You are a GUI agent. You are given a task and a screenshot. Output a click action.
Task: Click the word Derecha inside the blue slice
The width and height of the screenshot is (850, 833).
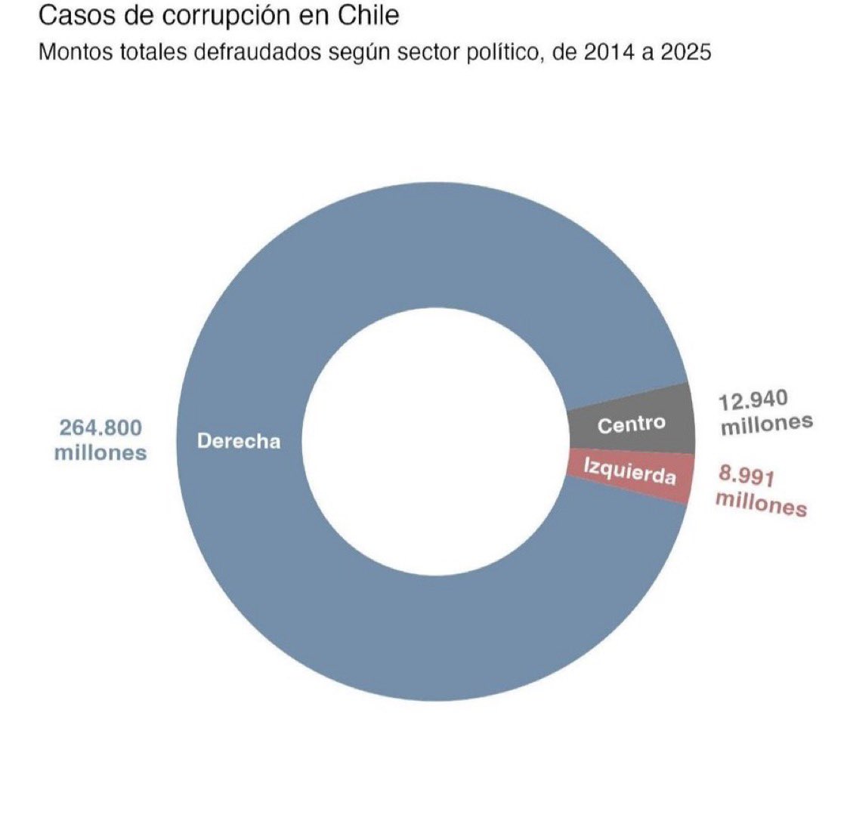[x=239, y=441]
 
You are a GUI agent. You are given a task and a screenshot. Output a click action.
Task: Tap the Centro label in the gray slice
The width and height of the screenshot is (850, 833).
[x=632, y=424]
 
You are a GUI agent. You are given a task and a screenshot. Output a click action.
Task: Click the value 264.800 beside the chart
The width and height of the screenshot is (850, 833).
[x=100, y=427]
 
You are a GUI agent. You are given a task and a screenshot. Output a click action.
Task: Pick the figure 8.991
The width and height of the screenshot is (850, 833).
[x=746, y=477]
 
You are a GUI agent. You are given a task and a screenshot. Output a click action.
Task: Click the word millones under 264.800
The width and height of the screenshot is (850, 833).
[x=100, y=452]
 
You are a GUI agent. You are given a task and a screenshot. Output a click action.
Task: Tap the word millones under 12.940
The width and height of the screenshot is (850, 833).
[x=766, y=424]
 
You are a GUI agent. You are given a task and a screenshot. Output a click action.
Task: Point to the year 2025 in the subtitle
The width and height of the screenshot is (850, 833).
[x=685, y=53]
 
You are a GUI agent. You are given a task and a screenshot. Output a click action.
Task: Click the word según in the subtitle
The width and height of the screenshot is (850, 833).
[x=359, y=53]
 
